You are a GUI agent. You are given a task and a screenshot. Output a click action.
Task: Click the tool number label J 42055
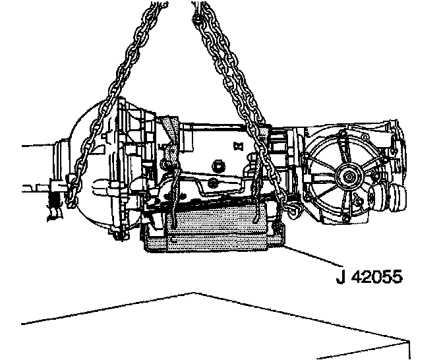click(369, 277)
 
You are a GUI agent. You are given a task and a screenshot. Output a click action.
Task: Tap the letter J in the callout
click(341, 277)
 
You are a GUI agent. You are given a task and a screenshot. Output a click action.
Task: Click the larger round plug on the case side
click(218, 166)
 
